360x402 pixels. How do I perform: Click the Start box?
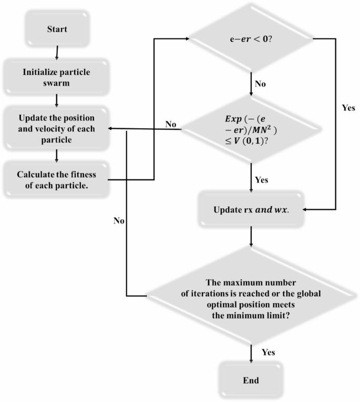coord(56,28)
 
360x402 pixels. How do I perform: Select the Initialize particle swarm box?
coord(56,77)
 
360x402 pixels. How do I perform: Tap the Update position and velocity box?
coord(56,128)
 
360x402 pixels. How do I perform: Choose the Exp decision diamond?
coord(252,128)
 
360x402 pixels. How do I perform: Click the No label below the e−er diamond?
coord(261,83)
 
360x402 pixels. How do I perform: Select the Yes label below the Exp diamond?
coord(261,180)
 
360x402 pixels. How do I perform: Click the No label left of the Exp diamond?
coord(170,125)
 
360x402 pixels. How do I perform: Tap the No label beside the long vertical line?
coord(118,221)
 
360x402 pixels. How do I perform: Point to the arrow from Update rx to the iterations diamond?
coord(252,236)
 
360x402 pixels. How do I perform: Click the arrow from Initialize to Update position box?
coord(56,100)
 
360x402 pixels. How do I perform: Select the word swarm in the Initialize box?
coord(56,82)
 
